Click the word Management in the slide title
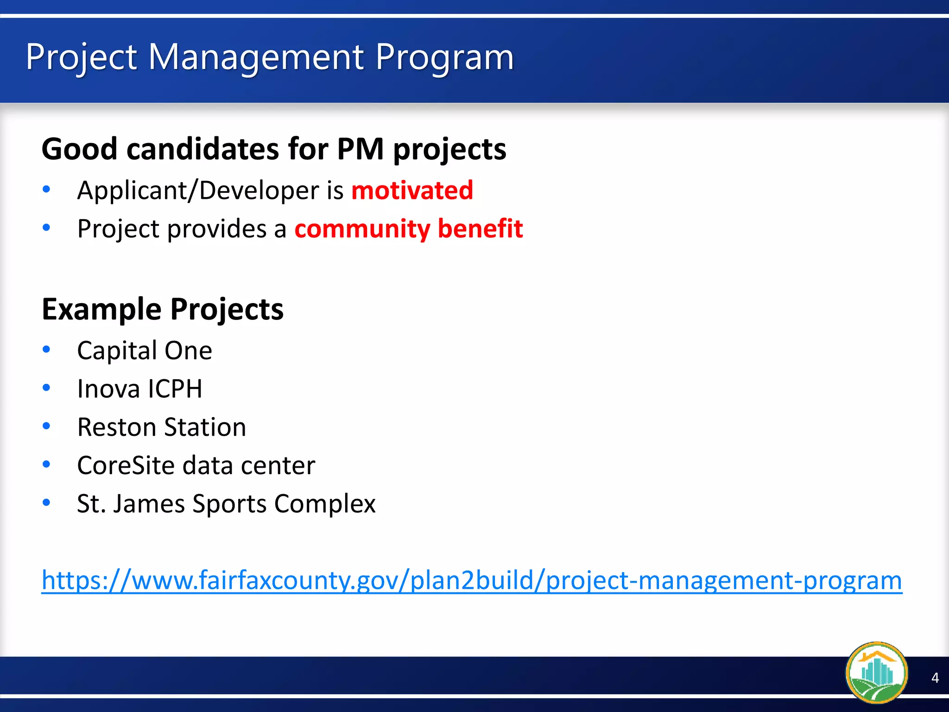click(x=256, y=58)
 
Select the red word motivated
click(x=412, y=191)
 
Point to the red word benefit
click(x=480, y=229)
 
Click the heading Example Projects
click(x=162, y=309)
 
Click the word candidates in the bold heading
click(x=202, y=149)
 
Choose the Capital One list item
click(x=145, y=350)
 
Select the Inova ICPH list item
click(x=139, y=388)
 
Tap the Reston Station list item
click(x=161, y=427)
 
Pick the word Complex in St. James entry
click(x=324, y=504)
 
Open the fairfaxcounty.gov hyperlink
click(x=471, y=580)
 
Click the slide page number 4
click(x=935, y=678)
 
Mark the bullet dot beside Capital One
click(x=46, y=350)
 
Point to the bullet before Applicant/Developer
click(x=46, y=189)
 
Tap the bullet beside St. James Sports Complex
click(x=46, y=502)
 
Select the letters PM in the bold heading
click(x=360, y=149)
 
